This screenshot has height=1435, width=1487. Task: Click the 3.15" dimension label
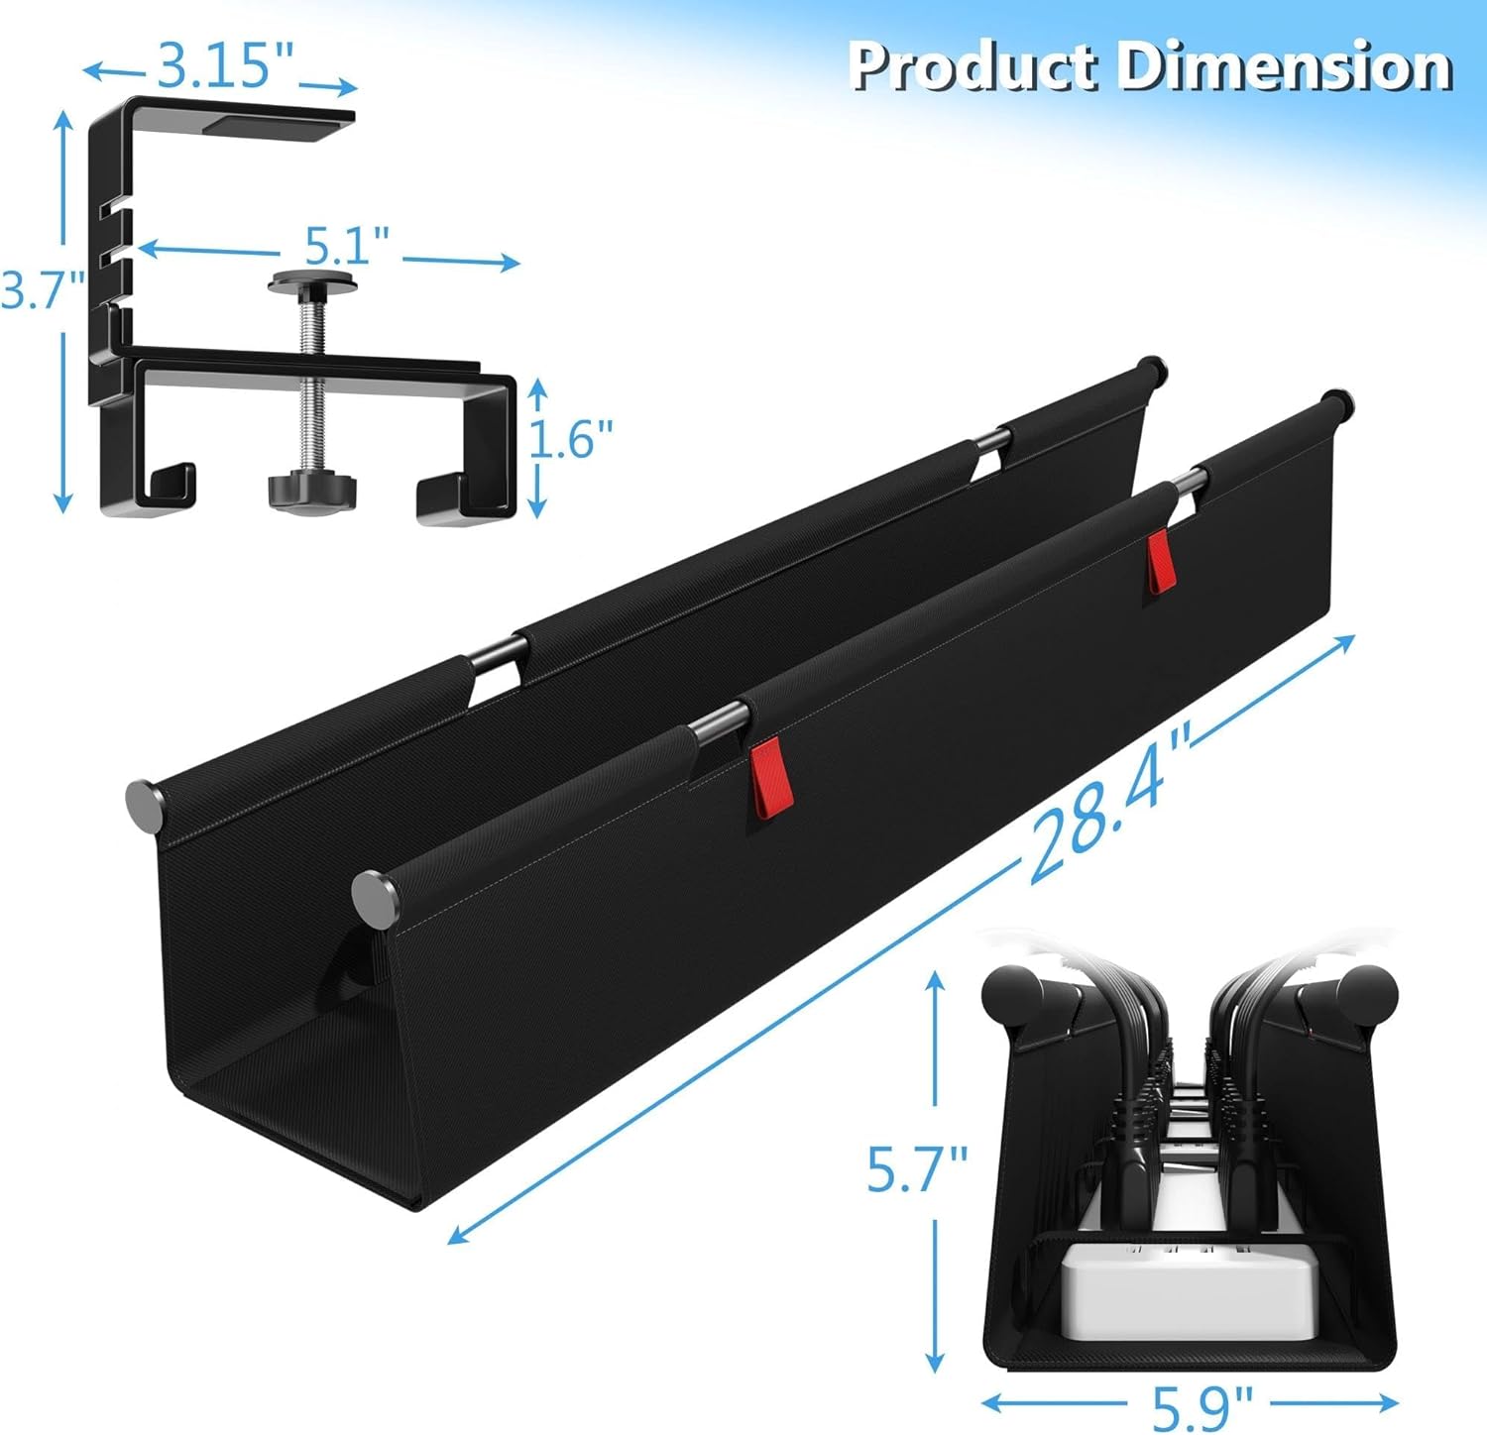coord(226,65)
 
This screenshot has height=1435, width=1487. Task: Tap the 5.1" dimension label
coord(346,244)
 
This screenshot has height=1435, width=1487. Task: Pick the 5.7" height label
coord(917,1169)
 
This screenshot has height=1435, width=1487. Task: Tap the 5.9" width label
coord(1202,1404)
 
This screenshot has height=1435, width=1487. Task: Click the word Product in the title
coord(973,66)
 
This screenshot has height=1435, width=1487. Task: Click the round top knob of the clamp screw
coord(312,283)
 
